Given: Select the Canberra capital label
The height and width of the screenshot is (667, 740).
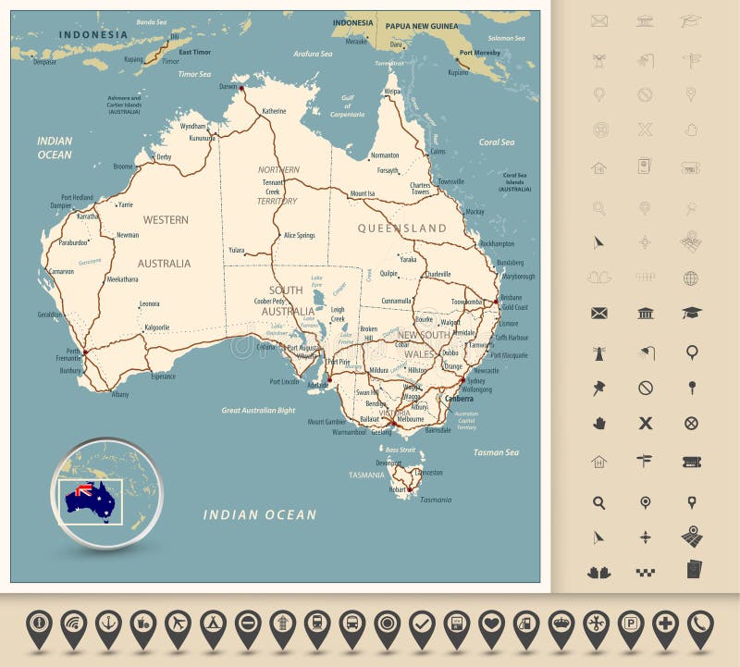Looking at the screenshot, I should tap(460, 399).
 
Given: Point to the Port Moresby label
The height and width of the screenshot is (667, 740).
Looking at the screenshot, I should tap(479, 53).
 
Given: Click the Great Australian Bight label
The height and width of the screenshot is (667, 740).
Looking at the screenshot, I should tap(258, 410).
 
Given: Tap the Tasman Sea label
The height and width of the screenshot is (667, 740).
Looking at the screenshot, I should tap(496, 452).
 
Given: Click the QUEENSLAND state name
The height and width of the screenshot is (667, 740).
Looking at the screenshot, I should tap(401, 228).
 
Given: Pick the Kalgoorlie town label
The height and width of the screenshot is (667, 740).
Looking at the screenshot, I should tap(156, 327).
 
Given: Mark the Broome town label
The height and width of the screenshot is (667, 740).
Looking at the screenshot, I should tap(123, 167).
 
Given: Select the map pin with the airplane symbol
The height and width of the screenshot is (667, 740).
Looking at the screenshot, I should tap(179, 626).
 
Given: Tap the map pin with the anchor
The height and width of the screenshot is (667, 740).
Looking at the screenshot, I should tap(109, 626).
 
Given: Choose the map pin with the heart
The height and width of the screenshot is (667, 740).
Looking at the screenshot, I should tap(491, 626).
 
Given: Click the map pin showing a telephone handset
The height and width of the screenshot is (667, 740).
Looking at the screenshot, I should tap(699, 626).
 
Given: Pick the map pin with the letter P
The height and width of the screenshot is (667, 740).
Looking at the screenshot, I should tap(630, 626).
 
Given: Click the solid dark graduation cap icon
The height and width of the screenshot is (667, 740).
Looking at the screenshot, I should tap(691, 313).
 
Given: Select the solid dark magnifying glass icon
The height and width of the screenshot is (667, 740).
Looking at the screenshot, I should tap(599, 502).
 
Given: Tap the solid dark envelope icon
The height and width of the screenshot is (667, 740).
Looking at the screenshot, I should tap(599, 313).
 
